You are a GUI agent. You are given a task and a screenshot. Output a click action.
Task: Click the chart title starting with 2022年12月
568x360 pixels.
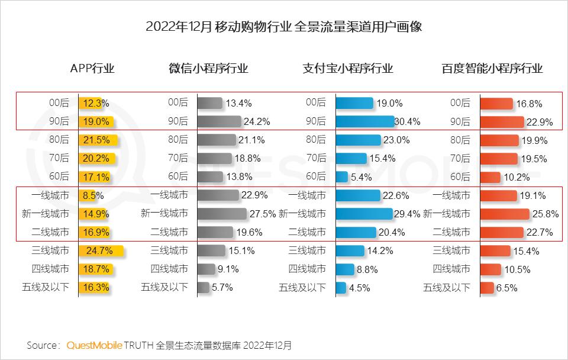[x=283, y=27]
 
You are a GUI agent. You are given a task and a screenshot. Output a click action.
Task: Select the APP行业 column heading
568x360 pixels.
[x=92, y=68]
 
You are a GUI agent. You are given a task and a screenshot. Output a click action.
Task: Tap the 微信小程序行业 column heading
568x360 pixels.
[x=208, y=68]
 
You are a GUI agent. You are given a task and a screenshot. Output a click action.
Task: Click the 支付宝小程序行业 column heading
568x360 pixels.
[x=348, y=68]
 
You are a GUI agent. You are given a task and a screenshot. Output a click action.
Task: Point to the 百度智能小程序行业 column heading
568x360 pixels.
[x=492, y=68]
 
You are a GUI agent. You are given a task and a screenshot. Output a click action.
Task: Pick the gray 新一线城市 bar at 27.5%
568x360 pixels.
[x=221, y=214]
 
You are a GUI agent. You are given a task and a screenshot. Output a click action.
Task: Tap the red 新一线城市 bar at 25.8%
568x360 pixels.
[x=505, y=214]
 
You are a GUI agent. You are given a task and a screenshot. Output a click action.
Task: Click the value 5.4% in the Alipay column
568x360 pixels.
[x=362, y=177]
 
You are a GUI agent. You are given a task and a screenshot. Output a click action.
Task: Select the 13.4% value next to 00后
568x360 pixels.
[x=238, y=104]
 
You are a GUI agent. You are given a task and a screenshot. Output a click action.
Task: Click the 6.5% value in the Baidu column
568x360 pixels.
[x=507, y=288]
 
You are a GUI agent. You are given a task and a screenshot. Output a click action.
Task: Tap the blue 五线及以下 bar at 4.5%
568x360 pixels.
[x=341, y=288]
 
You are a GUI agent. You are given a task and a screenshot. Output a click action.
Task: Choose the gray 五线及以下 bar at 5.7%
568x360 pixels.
[x=203, y=288]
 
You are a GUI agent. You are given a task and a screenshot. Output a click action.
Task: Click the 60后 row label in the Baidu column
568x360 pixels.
[x=460, y=177]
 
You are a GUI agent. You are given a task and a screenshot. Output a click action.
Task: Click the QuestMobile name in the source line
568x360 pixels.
[x=95, y=345]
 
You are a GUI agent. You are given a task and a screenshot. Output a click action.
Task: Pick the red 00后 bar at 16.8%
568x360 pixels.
[x=495, y=104]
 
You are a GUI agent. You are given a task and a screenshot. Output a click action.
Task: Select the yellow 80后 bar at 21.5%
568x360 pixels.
[x=98, y=140]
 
